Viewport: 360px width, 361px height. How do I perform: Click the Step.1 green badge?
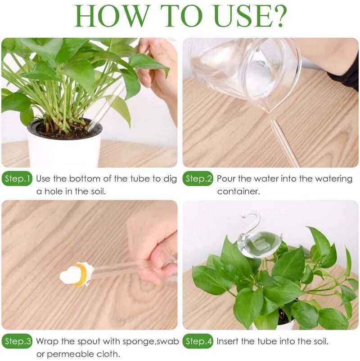coord(17,179)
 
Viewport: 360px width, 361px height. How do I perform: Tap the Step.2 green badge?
coord(198,179)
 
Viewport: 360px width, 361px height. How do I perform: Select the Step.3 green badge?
coord(17,341)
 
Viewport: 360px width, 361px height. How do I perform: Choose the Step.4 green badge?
coord(198,341)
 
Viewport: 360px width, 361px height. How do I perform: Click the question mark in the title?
coord(276,16)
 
